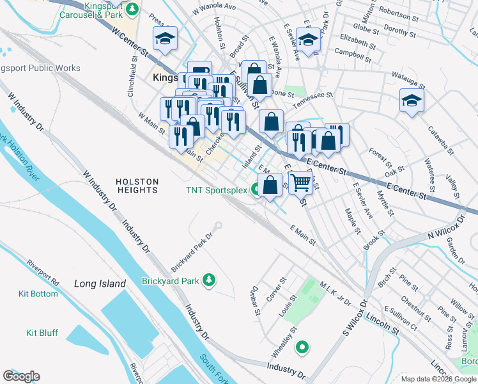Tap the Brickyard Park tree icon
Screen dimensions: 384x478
[208, 280]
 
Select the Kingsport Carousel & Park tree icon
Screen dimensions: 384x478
[132, 9]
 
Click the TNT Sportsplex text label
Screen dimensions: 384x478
[216, 189]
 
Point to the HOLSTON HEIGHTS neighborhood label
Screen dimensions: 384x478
[137, 186]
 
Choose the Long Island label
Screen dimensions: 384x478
[100, 284]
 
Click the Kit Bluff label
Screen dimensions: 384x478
[42, 333]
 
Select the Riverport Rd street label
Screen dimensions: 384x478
[43, 272]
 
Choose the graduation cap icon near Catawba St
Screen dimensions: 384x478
[412, 100]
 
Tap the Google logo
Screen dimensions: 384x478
[21, 376]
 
